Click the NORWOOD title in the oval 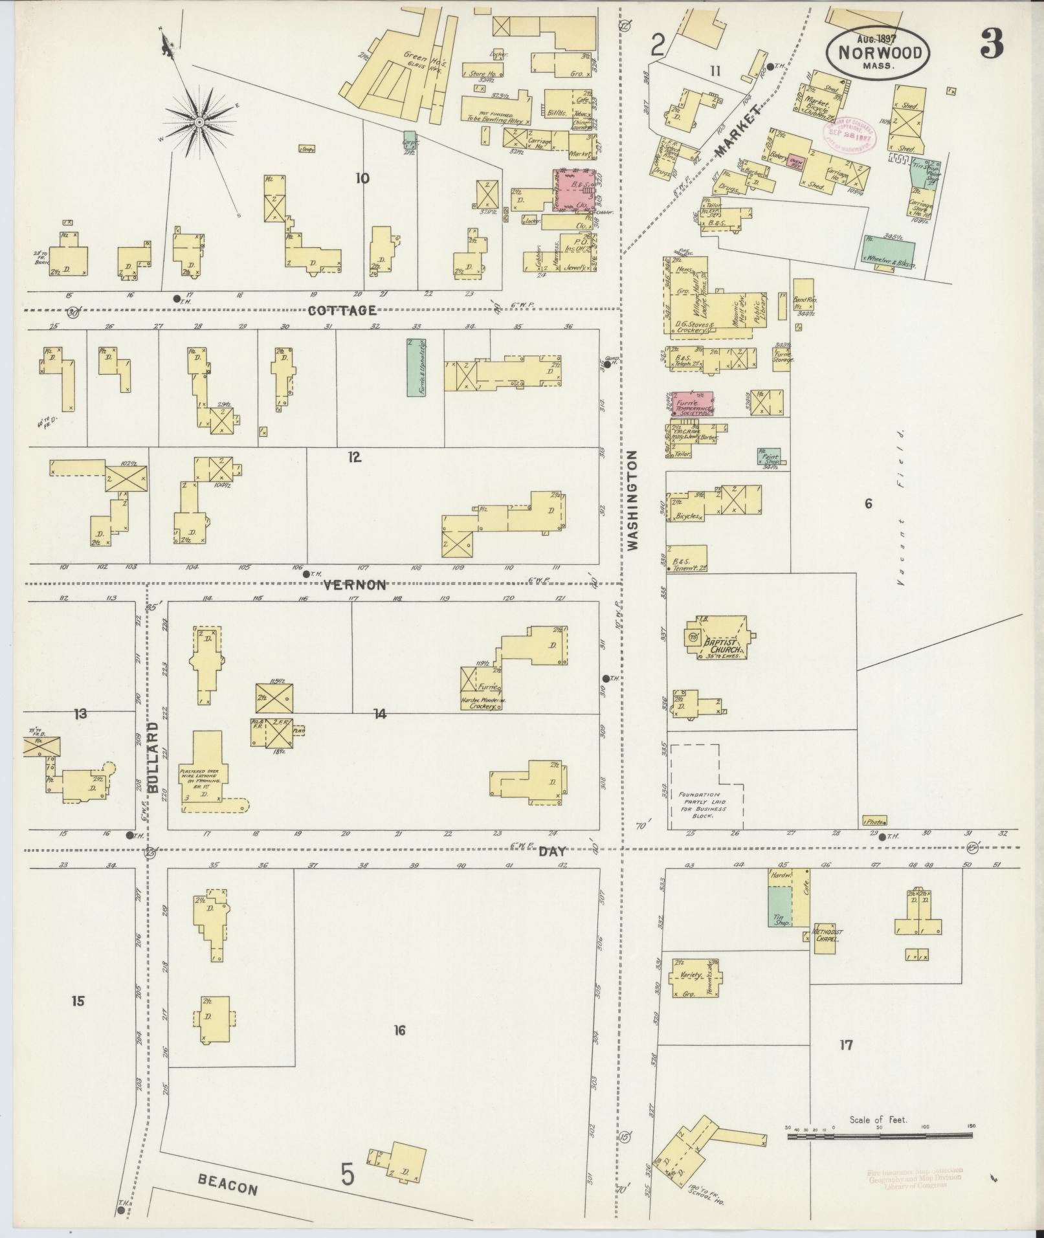click(x=880, y=52)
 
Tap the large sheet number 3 click(x=991, y=44)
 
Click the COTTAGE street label click(x=342, y=311)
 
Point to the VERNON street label click(x=355, y=585)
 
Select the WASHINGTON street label click(x=632, y=500)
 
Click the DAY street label click(x=552, y=852)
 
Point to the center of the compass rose click(x=199, y=122)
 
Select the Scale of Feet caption click(x=878, y=1120)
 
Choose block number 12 click(x=353, y=458)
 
